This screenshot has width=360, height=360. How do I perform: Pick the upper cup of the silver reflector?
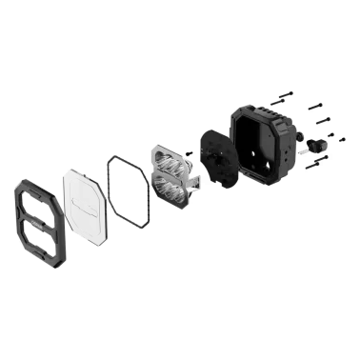tap(168, 163)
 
